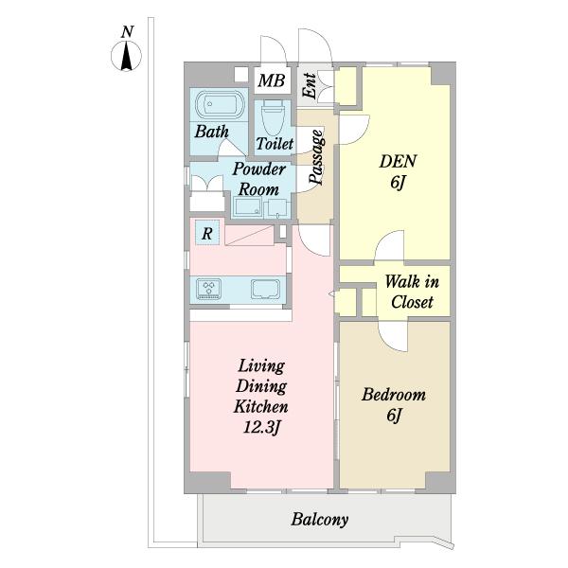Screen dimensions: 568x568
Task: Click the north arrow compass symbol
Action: [x=126, y=57]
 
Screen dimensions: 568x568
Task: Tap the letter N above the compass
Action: [x=127, y=32]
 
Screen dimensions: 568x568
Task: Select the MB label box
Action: [x=272, y=80]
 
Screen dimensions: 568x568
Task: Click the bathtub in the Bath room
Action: [x=220, y=104]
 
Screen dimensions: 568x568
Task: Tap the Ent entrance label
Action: [x=310, y=86]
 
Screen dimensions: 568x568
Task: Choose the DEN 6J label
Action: [x=398, y=171]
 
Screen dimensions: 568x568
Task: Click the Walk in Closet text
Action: [x=412, y=292]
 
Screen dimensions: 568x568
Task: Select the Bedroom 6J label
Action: [x=394, y=404]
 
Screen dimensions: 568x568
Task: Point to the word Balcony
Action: [x=320, y=520]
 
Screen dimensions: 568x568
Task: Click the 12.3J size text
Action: [x=261, y=428]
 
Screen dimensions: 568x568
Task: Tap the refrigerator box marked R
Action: [x=207, y=232]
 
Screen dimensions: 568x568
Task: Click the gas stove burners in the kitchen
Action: [x=208, y=289]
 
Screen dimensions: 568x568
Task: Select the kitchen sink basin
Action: [x=266, y=290]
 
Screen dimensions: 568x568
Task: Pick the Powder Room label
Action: [x=259, y=179]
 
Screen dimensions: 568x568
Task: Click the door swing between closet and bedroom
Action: [x=393, y=336]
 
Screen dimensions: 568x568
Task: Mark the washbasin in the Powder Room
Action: [x=247, y=206]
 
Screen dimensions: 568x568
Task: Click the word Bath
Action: [x=211, y=132]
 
